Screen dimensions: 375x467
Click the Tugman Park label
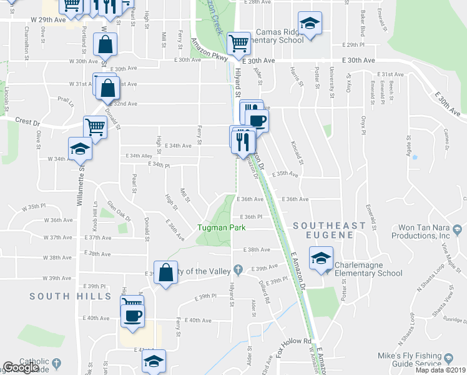[x=222, y=227]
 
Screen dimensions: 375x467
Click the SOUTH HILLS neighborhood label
[x=61, y=296]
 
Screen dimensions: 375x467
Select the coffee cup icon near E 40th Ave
[x=133, y=314]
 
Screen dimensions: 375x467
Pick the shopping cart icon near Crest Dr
[x=95, y=127]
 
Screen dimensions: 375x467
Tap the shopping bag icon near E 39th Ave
[x=165, y=273]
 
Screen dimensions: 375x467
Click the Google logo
[x=21, y=367]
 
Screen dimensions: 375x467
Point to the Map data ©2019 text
[x=440, y=370]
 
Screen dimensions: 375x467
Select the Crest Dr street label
[x=27, y=121]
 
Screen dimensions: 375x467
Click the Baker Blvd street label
[x=363, y=22]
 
